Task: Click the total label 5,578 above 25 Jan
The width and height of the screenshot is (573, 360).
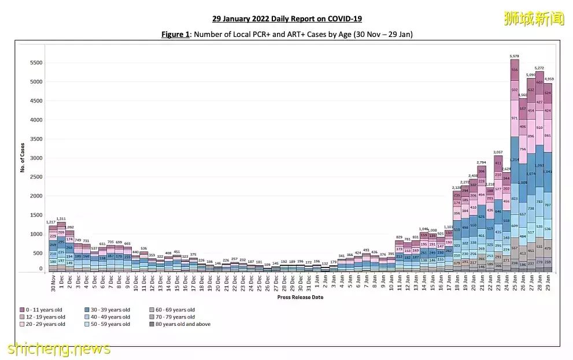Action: [514, 56]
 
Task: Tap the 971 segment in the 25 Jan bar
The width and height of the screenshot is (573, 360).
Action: [514, 118]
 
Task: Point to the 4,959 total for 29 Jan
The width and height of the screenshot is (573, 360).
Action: [548, 79]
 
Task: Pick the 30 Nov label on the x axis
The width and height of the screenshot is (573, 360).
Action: [53, 283]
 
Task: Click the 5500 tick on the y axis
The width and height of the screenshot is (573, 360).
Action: [36, 62]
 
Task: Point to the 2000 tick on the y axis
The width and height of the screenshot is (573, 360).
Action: [36, 196]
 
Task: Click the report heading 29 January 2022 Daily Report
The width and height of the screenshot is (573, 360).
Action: [286, 19]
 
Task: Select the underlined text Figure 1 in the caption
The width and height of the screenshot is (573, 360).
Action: [175, 35]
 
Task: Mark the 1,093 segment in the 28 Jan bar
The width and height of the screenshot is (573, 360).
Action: [539, 166]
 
